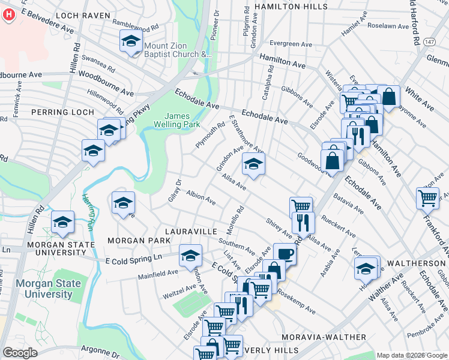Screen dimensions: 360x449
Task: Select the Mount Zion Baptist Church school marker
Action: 131,43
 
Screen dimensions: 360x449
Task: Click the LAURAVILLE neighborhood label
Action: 191,230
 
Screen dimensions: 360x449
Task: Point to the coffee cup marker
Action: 285,253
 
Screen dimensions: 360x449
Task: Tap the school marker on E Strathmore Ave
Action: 253,164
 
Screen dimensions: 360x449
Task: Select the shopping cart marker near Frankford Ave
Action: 427,197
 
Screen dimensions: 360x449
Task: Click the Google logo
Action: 20,352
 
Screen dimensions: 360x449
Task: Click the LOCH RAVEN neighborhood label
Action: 83,15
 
